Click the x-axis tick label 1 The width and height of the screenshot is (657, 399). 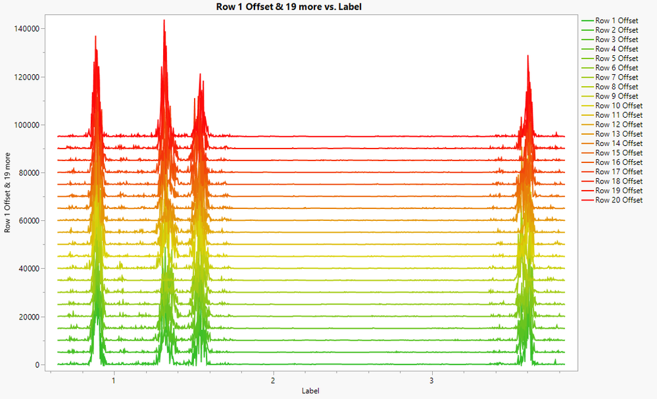114,380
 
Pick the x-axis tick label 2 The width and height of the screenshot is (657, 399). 272,380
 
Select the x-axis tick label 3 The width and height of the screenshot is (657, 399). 431,380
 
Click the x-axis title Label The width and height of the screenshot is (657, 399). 310,391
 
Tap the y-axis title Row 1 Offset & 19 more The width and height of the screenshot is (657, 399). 8,197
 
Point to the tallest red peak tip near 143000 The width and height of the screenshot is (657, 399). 164,20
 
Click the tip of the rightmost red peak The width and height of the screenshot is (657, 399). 527,56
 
